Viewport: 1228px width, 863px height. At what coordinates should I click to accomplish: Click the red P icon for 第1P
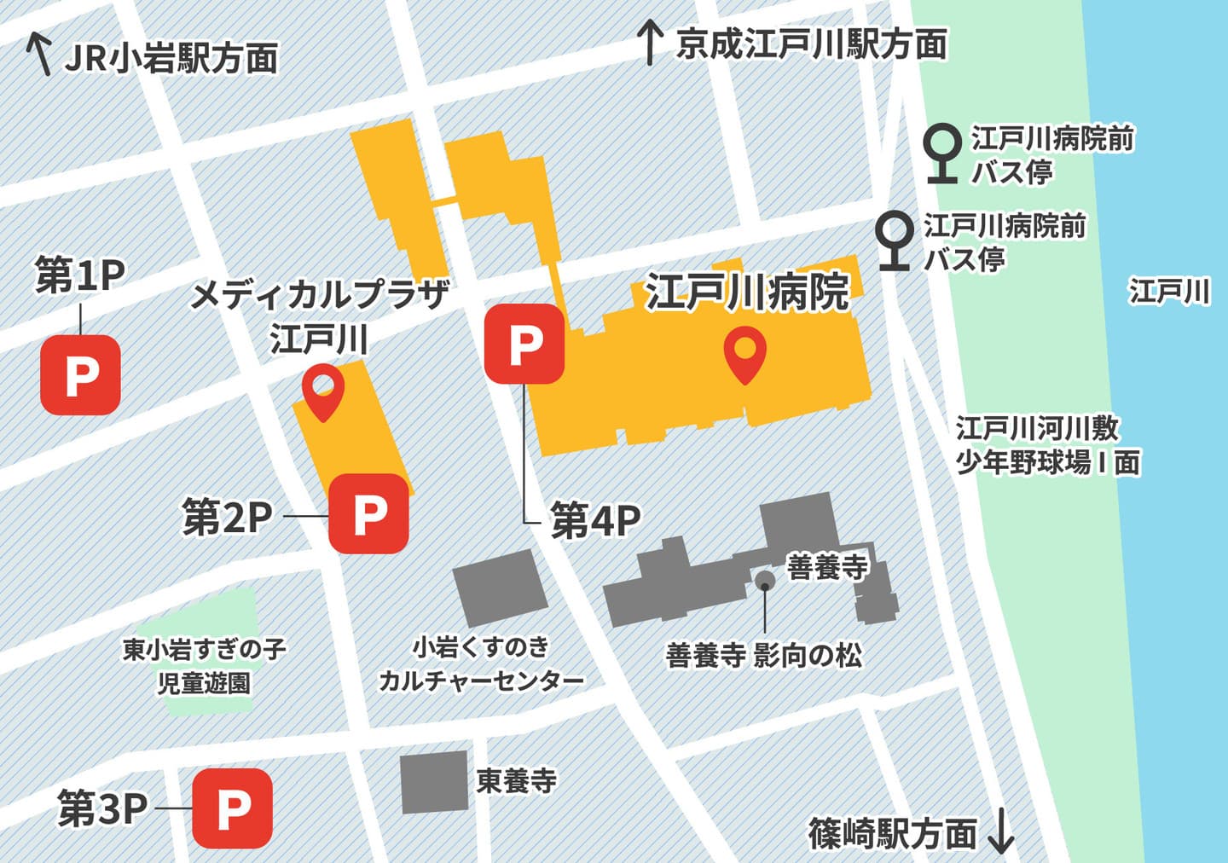click(80, 374)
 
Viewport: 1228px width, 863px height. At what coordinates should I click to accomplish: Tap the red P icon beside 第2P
click(368, 513)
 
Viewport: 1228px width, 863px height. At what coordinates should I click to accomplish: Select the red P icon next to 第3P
click(232, 808)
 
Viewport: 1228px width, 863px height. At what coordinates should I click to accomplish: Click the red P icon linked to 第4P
click(524, 344)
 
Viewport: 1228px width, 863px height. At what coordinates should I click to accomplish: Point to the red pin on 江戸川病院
click(744, 356)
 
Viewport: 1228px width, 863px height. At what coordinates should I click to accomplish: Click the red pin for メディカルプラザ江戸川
click(323, 391)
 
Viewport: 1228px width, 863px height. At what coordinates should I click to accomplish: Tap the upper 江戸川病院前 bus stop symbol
click(943, 153)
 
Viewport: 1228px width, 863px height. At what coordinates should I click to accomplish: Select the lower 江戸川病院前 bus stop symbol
click(895, 240)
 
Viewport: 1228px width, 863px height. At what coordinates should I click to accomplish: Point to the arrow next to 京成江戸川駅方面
click(650, 43)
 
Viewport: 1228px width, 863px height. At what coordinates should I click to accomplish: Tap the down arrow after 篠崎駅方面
click(1000, 832)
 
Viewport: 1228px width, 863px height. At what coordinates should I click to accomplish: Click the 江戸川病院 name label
click(747, 292)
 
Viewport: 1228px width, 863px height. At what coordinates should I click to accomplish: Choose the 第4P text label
click(595, 520)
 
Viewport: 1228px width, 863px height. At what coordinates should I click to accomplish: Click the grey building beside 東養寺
click(435, 782)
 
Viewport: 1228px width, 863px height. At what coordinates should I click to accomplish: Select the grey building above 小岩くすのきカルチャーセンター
click(501, 588)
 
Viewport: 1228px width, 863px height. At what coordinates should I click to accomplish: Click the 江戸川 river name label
click(1169, 292)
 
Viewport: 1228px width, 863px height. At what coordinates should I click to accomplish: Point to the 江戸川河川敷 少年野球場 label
click(1047, 445)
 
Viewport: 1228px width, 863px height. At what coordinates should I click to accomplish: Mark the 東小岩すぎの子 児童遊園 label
click(204, 666)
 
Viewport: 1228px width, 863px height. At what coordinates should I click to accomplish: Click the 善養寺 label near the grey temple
click(826, 566)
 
